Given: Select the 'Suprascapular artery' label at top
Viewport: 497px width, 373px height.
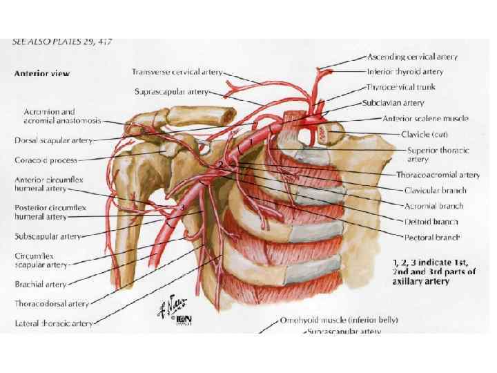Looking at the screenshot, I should tap(171, 91).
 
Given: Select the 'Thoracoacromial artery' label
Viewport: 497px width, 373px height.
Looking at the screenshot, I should tap(438, 175).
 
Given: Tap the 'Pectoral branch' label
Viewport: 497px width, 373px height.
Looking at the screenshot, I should tap(431, 237).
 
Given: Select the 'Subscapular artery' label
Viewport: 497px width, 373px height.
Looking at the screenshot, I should tap(48, 236).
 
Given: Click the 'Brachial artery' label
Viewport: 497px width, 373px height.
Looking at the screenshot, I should tap(41, 284).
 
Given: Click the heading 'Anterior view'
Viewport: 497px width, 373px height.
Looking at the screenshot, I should tap(42, 73).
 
